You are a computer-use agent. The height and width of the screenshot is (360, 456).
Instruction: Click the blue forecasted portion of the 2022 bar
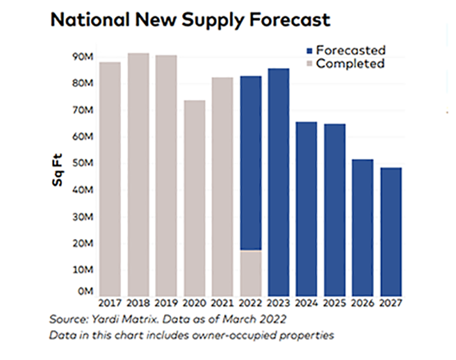(251, 163)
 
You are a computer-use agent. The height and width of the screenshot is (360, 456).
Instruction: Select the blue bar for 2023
(279, 182)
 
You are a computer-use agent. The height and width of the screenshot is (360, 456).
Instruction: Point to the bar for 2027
(391, 232)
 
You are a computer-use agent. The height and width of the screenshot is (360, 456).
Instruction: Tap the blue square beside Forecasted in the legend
(309, 50)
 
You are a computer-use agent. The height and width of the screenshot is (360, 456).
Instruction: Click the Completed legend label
(350, 63)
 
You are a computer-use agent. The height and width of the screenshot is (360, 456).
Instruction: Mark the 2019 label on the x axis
(166, 303)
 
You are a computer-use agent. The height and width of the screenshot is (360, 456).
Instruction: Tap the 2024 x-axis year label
(307, 303)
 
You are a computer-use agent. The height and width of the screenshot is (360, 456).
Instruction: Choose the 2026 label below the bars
(363, 303)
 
